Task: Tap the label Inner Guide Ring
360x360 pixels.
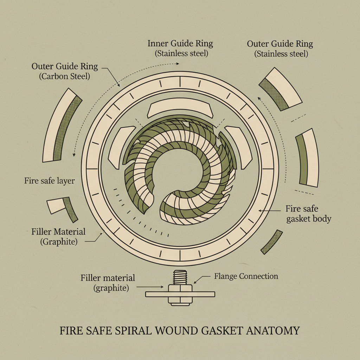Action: coord(180,44)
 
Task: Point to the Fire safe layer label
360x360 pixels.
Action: coord(49,181)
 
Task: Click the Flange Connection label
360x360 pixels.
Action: coord(246,276)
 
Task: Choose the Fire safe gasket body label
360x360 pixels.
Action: coord(308,214)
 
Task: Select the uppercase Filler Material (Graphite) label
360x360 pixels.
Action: coord(58,237)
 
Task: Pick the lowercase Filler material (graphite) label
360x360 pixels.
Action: coord(108,283)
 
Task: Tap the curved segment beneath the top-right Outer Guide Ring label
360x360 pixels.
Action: coord(280,89)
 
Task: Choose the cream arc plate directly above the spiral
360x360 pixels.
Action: coord(180,110)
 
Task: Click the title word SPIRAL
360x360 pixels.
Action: coord(129,331)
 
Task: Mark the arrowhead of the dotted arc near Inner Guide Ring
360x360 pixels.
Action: coord(178,64)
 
